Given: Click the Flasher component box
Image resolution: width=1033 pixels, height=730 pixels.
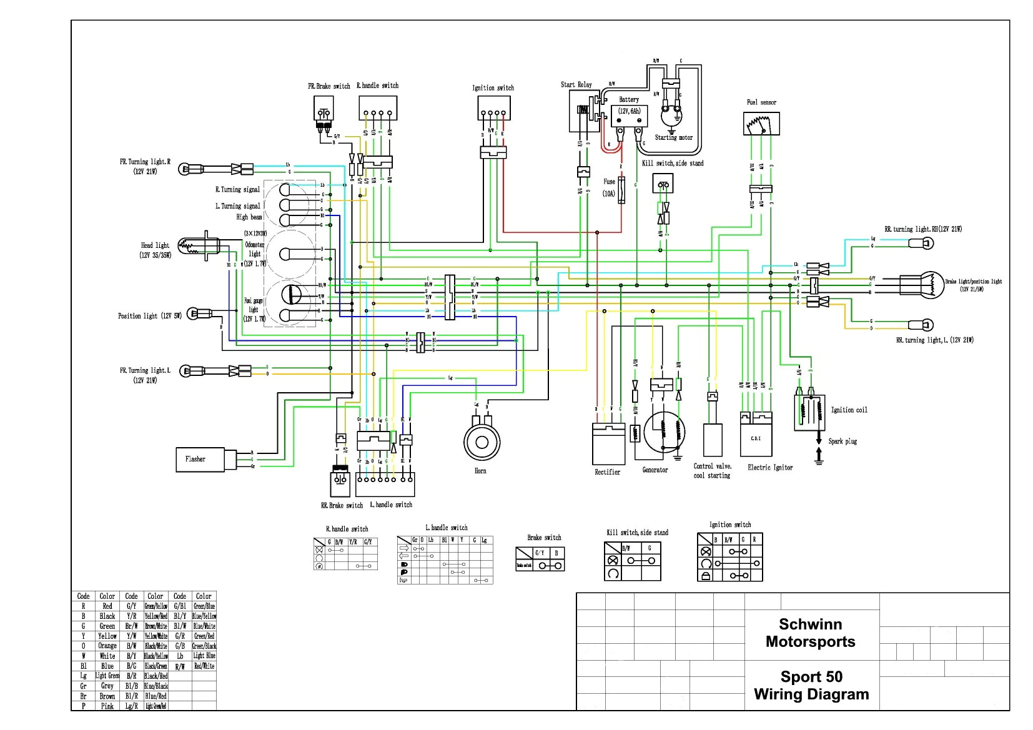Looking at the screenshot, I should [200, 459].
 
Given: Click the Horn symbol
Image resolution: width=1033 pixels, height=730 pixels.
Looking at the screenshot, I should [481, 442].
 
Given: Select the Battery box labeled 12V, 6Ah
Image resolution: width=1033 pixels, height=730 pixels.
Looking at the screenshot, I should [629, 116].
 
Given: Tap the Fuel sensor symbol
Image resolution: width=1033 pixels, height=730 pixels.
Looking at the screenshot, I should [761, 123].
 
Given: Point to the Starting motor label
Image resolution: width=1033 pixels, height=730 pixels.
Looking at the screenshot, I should [673, 137].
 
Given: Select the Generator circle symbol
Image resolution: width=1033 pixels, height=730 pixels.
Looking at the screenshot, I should [664, 432].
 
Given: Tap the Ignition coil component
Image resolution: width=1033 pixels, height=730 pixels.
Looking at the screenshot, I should [809, 412].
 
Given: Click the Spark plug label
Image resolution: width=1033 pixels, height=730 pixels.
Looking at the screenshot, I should [843, 441].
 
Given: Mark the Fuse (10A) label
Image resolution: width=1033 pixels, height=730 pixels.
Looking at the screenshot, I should [609, 187].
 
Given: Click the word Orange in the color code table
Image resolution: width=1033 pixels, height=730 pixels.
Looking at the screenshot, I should [107, 646].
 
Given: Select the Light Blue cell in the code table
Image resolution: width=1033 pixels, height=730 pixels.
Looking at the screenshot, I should [204, 656].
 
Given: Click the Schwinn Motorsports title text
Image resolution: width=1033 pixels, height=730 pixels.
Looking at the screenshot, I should [810, 633].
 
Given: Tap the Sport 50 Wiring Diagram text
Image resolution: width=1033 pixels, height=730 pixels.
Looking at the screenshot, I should [811, 685].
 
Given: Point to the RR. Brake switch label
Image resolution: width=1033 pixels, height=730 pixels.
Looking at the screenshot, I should [342, 505].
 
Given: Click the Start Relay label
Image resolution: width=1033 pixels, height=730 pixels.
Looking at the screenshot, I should [576, 84].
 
